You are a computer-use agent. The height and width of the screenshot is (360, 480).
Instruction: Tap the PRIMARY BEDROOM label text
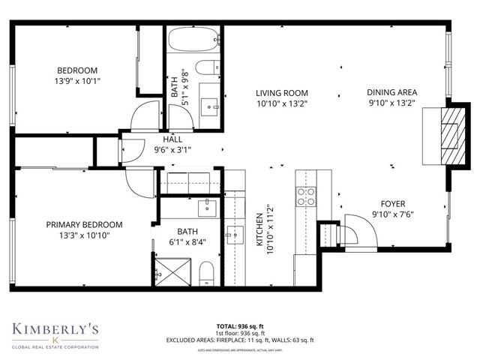pyautogui.click(x=84, y=224)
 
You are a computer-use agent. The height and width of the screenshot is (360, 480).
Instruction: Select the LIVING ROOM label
pyautogui.click(x=281, y=92)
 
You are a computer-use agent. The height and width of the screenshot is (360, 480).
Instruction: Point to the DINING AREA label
pyautogui.click(x=391, y=92)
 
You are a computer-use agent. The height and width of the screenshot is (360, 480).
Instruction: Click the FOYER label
pyautogui.click(x=392, y=202)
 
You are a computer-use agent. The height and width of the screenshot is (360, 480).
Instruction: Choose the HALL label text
pyautogui.click(x=173, y=139)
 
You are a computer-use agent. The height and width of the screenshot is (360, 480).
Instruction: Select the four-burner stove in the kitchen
pyautogui.click(x=307, y=196)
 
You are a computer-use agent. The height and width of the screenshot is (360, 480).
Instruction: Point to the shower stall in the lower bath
pyautogui.click(x=172, y=269)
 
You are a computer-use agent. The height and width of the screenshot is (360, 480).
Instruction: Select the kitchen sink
pyautogui.click(x=233, y=235)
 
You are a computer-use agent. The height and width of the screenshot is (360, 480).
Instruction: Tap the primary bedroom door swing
pyautogui.click(x=140, y=181)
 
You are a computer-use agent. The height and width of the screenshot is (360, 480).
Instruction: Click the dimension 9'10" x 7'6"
pyautogui.click(x=392, y=214)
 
